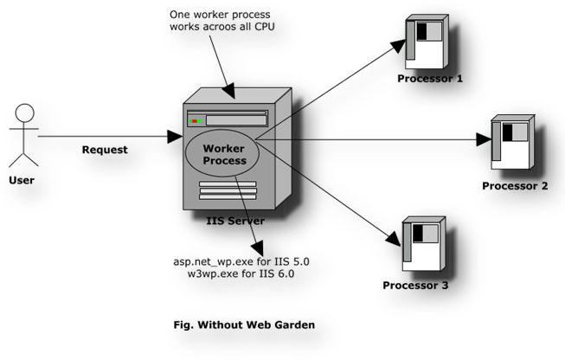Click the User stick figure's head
tap(24, 112)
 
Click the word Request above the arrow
tap(105, 150)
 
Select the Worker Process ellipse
tap(224, 155)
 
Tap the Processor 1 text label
tap(430, 79)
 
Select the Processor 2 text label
tap(515, 186)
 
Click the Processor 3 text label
tap(416, 286)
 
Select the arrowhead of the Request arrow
tap(175, 136)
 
